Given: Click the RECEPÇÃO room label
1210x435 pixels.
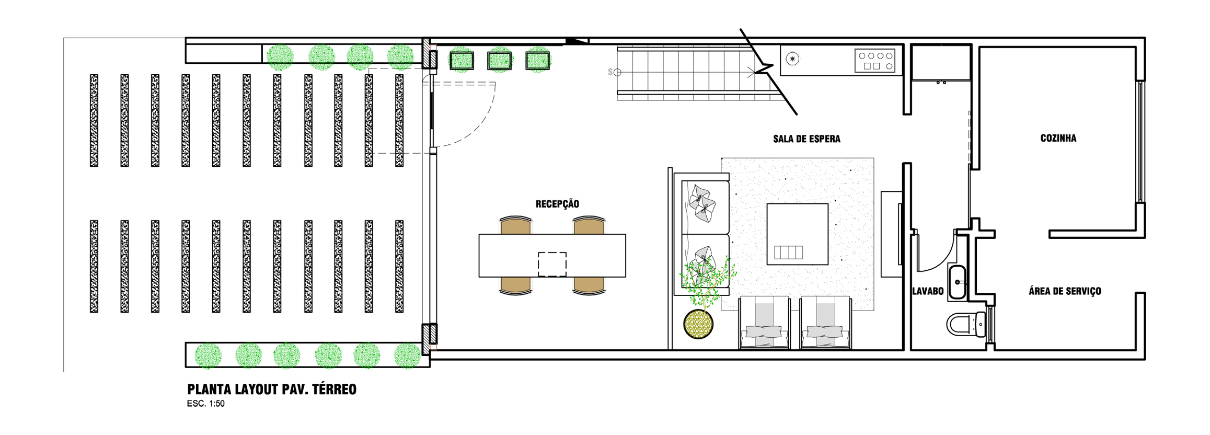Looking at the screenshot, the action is [557, 204].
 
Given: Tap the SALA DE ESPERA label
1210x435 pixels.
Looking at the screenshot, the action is [806, 139].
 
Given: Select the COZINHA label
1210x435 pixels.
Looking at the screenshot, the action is [1058, 138].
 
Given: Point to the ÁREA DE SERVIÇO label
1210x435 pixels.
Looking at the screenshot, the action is [1065, 291].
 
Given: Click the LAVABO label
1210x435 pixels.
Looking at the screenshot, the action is [928, 291].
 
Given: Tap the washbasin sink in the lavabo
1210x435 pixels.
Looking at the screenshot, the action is [958, 282].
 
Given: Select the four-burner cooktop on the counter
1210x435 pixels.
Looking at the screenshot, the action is [875, 60].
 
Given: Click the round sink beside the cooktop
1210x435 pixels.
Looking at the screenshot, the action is [792, 59].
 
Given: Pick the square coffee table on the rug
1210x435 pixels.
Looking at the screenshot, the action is [797, 234].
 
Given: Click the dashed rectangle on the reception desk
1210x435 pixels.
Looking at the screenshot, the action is [552, 264].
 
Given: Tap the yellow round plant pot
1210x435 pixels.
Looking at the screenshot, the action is [698, 324].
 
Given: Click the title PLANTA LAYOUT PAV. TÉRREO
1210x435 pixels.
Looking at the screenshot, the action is [272, 390].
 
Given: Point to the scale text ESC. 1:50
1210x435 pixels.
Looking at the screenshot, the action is [206, 404].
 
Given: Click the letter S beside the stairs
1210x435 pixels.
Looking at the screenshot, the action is [610, 72].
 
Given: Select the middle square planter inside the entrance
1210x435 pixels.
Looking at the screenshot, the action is [499, 61].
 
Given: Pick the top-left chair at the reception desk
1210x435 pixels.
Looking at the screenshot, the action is [516, 225].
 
